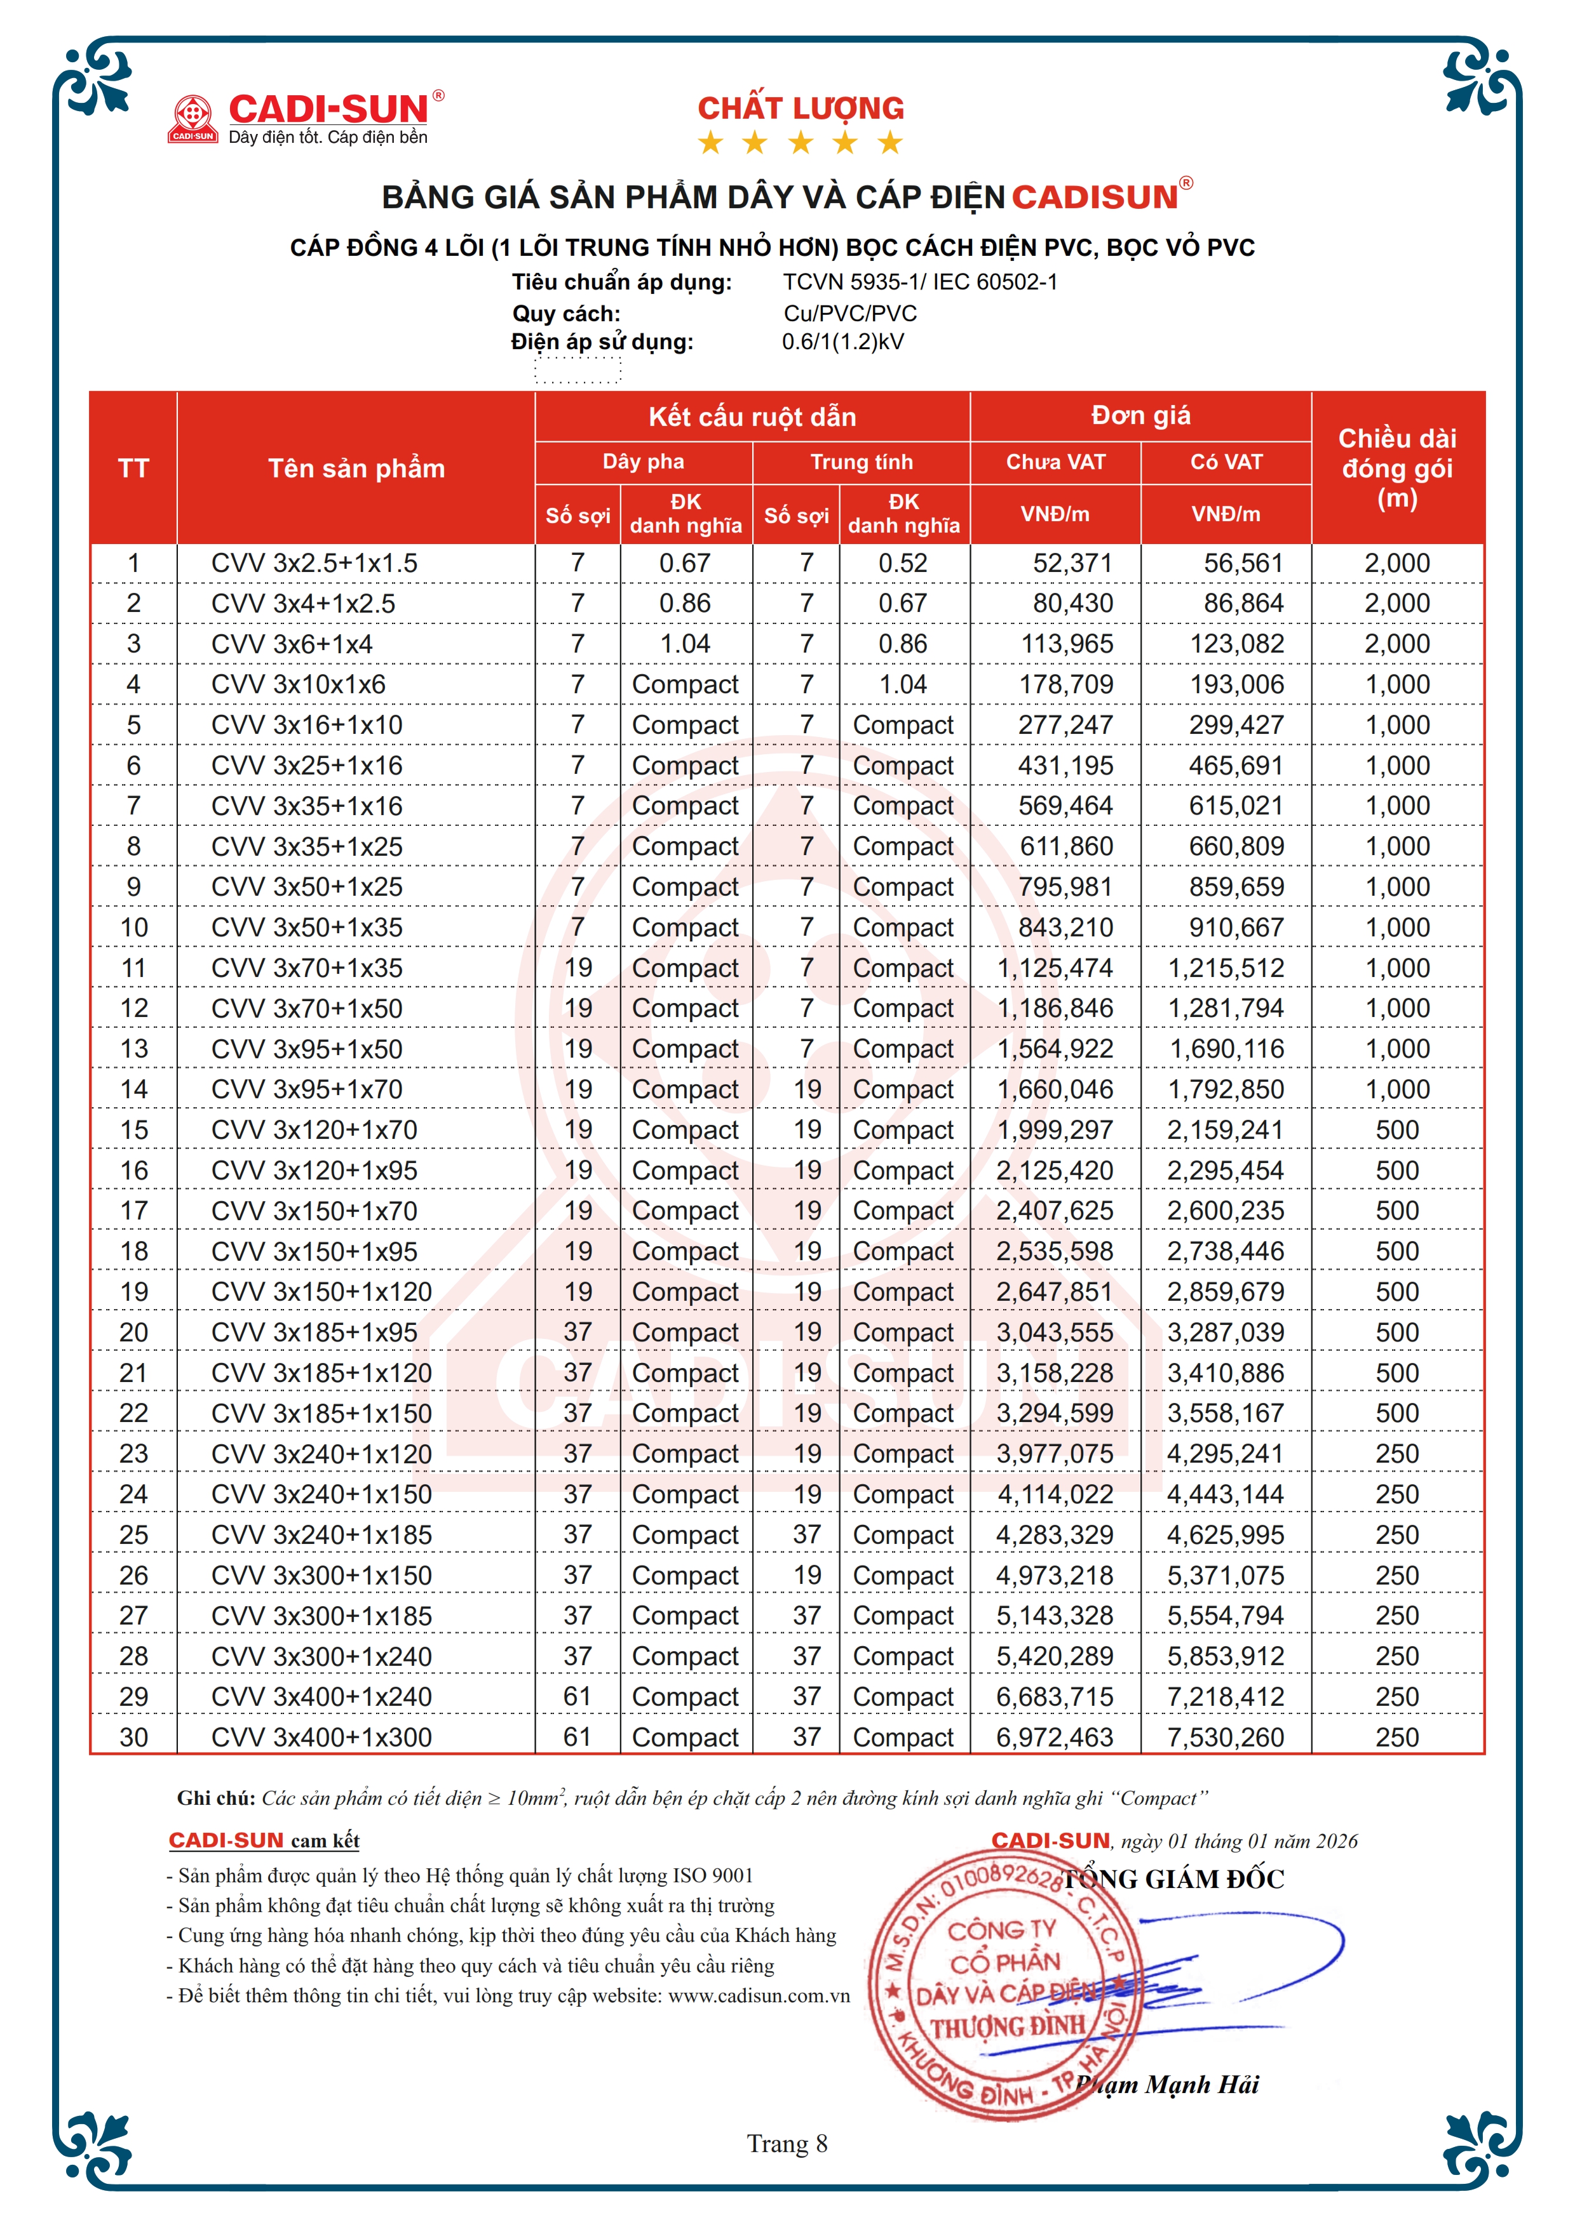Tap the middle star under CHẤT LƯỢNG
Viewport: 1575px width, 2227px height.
click(x=801, y=143)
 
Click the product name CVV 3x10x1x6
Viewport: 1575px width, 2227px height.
click(x=298, y=685)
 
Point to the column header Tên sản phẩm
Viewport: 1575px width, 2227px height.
click(x=356, y=469)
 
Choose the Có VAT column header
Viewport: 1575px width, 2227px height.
click(x=1227, y=462)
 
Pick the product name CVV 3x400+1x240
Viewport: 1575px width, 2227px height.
click(x=321, y=1696)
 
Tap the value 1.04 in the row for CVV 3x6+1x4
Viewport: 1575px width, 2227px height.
click(x=685, y=644)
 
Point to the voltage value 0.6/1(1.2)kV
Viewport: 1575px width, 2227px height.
click(x=842, y=342)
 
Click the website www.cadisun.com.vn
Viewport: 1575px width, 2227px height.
click(x=759, y=1995)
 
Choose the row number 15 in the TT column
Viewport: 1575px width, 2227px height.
click(x=134, y=1130)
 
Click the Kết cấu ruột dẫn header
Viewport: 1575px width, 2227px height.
click(x=752, y=417)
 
